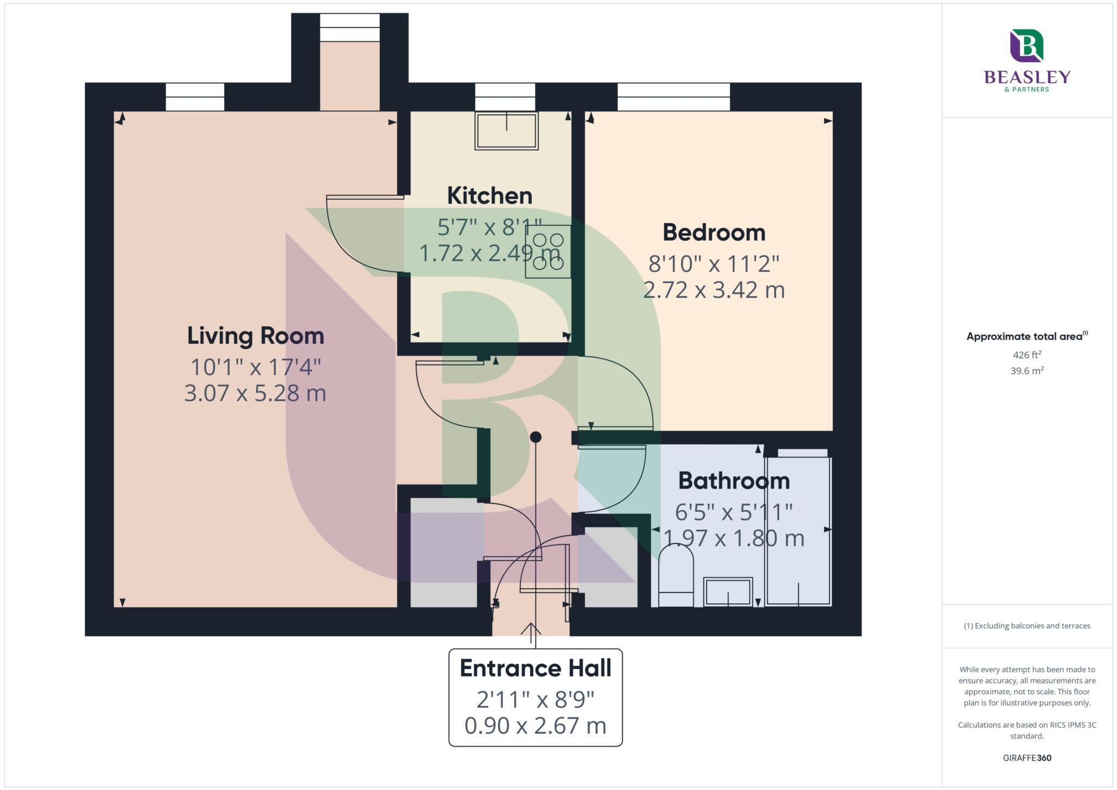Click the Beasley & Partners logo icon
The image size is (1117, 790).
pyautogui.click(x=1026, y=46)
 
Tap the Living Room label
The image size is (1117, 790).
pyautogui.click(x=255, y=336)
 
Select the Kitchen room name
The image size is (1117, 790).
pyautogui.click(x=489, y=196)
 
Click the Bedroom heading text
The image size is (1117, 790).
pyautogui.click(x=713, y=233)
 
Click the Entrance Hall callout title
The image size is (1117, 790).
pyautogui.click(x=535, y=668)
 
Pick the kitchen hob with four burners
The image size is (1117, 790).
pyautogui.click(x=548, y=252)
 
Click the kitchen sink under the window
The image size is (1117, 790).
pyautogui.click(x=506, y=131)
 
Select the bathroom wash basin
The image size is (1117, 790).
pyautogui.click(x=728, y=592)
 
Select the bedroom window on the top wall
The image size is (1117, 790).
pyautogui.click(x=673, y=97)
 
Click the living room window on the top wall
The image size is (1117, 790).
pyautogui.click(x=195, y=97)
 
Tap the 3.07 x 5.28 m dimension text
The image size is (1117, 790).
pyautogui.click(x=255, y=393)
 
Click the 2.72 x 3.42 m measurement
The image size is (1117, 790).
pyautogui.click(x=713, y=290)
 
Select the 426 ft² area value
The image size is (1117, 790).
pyautogui.click(x=1026, y=355)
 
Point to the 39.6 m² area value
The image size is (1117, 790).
pyautogui.click(x=1026, y=371)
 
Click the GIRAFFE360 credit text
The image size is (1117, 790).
pyautogui.click(x=1026, y=758)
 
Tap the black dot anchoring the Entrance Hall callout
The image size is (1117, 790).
pyautogui.click(x=535, y=437)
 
